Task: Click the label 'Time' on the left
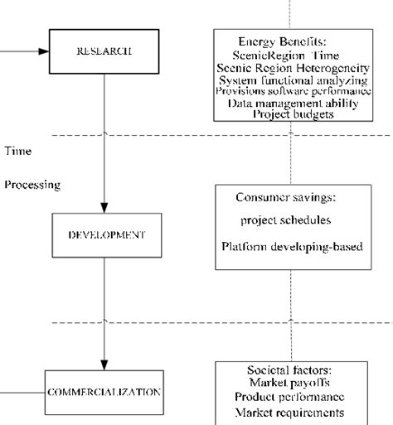(17, 152)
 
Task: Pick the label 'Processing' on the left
(32, 185)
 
